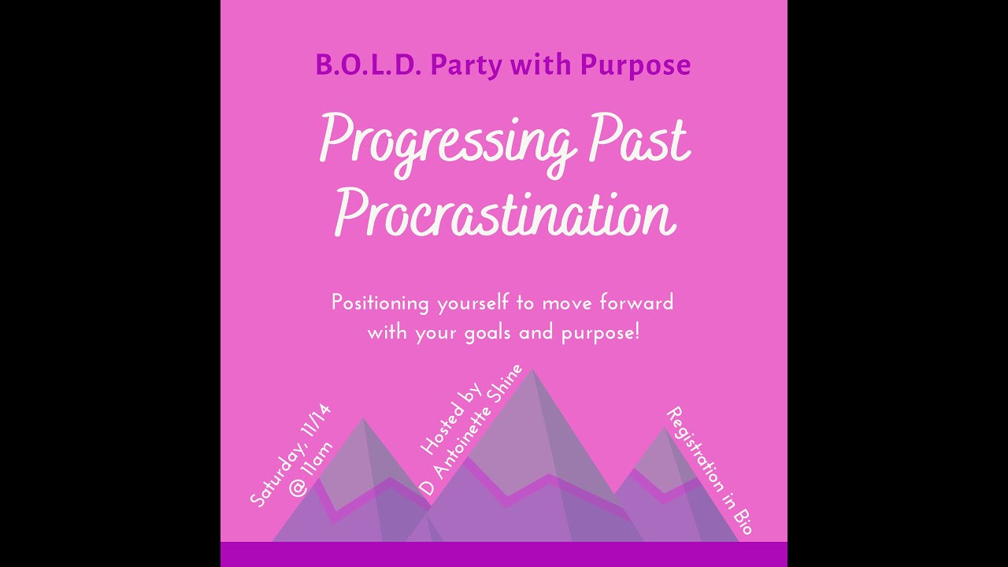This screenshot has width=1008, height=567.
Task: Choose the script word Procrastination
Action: (504, 213)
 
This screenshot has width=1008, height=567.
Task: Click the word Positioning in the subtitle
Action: (380, 303)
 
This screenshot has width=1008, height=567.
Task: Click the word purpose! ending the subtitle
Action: (600, 333)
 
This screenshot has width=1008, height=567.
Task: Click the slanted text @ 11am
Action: (312, 469)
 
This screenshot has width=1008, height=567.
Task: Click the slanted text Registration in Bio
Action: (710, 471)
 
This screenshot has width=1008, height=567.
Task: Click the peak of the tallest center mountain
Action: (532, 370)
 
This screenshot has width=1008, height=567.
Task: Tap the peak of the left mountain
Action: (363, 420)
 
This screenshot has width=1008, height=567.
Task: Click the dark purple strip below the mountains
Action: (504, 554)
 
